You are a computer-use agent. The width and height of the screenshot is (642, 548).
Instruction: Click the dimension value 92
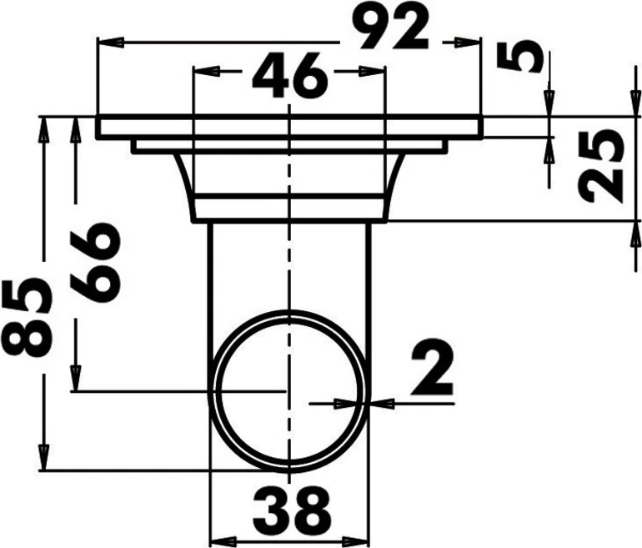click(x=390, y=28)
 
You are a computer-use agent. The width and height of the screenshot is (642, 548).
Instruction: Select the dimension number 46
click(x=290, y=75)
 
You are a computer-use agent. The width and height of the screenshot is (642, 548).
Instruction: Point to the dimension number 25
click(x=602, y=166)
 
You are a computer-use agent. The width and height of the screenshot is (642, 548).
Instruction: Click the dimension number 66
click(x=95, y=263)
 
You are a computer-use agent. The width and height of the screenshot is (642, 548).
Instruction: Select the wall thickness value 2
click(x=432, y=367)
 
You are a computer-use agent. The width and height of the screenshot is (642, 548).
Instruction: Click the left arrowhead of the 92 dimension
click(x=111, y=43)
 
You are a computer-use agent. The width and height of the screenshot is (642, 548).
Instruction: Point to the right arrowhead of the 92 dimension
click(x=467, y=43)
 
